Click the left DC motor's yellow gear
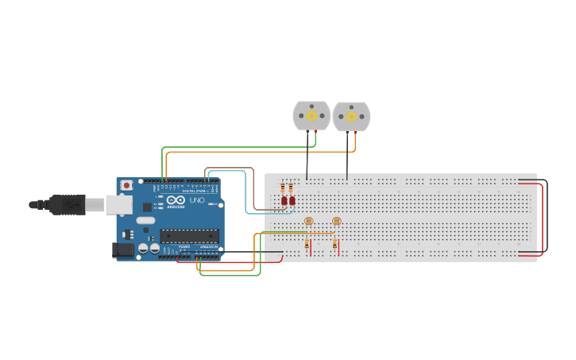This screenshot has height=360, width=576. point(311,116)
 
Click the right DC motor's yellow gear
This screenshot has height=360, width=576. point(351,117)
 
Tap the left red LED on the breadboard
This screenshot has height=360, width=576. point(284,201)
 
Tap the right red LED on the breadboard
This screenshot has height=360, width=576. point(292,201)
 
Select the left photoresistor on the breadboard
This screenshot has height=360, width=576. point(309,221)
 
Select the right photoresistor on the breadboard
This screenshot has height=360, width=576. point(336,221)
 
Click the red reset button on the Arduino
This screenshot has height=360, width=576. point(126,185)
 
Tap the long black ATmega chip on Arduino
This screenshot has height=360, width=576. point(189,235)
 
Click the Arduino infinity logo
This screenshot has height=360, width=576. point(176,199)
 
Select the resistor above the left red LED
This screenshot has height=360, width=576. point(283,188)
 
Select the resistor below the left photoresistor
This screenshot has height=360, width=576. point(307,245)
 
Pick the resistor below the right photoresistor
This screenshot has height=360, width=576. point(334,244)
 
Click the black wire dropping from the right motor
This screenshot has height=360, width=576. point(346,163)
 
